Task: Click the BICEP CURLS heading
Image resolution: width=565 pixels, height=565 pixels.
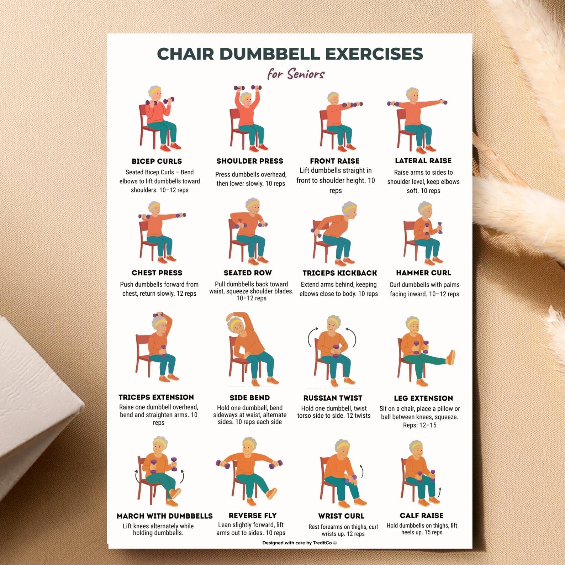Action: point(157,161)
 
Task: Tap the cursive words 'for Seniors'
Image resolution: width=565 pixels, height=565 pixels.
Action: point(296,74)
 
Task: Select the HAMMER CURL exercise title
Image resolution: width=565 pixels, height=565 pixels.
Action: point(423,273)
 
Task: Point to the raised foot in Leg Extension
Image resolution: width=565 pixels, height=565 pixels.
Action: point(450,357)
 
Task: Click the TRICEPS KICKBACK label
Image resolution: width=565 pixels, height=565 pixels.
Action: point(340,273)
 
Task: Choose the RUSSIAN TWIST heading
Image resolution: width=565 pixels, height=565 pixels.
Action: point(333,398)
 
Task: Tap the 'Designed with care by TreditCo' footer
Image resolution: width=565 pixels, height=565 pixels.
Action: point(300,543)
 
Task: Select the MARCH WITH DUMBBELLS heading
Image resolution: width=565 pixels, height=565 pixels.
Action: point(165,516)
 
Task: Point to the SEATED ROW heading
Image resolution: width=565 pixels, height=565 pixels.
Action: point(248,273)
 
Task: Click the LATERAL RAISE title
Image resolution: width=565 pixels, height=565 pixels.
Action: point(423,161)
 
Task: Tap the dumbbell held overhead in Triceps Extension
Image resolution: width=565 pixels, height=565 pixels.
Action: point(158,315)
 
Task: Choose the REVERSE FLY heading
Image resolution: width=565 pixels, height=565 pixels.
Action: point(253,516)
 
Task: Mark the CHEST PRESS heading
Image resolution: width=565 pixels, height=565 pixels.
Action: point(157,273)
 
